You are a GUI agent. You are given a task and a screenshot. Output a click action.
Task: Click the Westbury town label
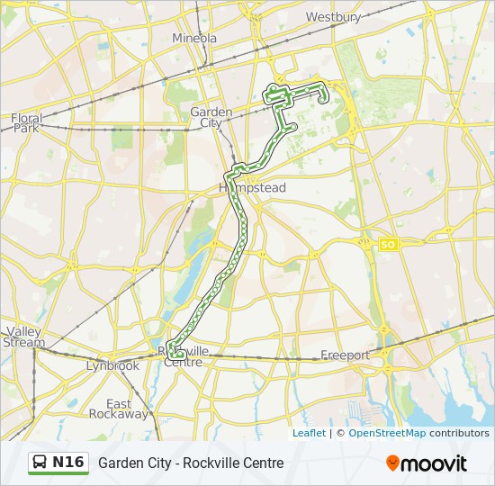click(x=333, y=17)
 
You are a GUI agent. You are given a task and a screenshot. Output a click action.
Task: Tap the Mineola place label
click(x=194, y=39)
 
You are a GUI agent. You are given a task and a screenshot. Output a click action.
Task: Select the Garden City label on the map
click(x=211, y=117)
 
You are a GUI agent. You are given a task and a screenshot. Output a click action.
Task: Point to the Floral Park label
click(x=27, y=122)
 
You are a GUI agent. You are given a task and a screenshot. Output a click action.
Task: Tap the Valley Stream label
click(x=24, y=337)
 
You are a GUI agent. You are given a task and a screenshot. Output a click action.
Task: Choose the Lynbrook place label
click(x=112, y=366)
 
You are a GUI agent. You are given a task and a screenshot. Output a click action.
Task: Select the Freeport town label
click(x=346, y=355)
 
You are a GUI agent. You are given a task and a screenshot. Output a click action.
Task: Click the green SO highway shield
click(x=388, y=244)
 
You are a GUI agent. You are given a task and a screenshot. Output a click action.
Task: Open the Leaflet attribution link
click(x=309, y=433)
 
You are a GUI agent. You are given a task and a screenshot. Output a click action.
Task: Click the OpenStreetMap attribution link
click(x=386, y=433)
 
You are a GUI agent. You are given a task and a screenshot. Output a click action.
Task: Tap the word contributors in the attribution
click(x=459, y=433)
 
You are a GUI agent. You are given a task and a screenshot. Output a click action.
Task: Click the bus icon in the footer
click(x=40, y=463)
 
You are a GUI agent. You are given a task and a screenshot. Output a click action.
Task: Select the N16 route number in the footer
click(x=68, y=463)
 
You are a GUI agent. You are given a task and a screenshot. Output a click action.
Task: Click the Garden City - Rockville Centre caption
click(x=191, y=463)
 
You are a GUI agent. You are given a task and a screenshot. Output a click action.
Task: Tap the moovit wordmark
click(x=435, y=463)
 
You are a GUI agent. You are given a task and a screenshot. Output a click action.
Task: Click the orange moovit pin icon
click(x=392, y=463)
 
